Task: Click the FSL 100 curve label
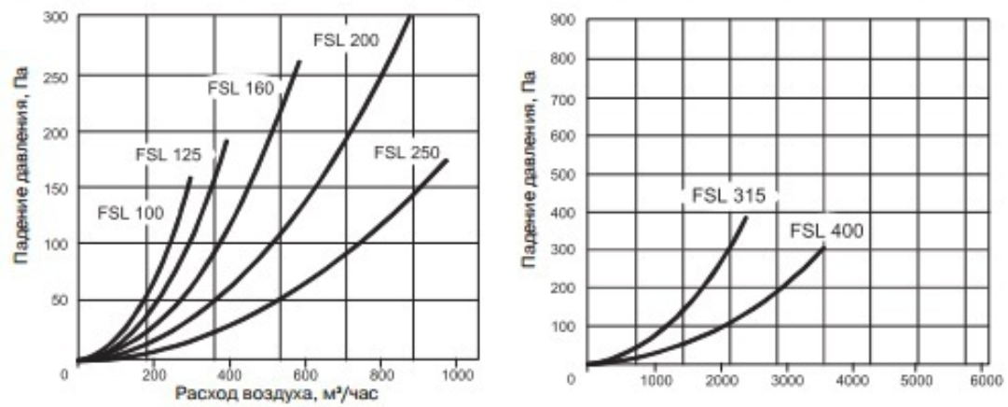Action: [130, 213]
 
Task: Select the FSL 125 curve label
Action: [169, 154]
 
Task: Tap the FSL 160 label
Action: [240, 90]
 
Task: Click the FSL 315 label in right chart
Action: [728, 196]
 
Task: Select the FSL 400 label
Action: [826, 231]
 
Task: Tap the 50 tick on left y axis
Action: [60, 301]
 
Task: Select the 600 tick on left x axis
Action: [305, 376]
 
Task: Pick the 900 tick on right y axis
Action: [563, 20]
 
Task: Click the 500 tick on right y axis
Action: [563, 175]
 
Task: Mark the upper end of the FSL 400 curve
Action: [824, 246]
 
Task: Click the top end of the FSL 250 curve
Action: [448, 160]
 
